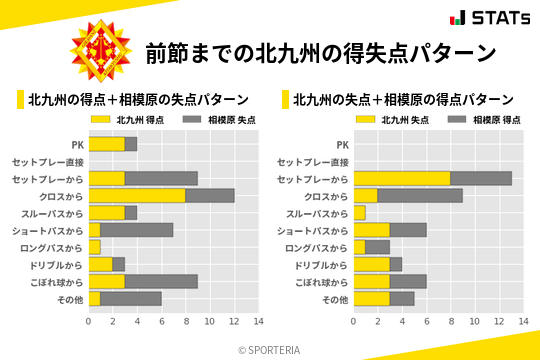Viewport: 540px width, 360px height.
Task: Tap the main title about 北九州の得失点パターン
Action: (320, 53)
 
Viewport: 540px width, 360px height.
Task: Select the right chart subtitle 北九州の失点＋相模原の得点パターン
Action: (403, 100)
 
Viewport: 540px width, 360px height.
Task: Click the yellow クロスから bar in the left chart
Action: (137, 195)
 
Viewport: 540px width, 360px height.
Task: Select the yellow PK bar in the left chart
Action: (107, 144)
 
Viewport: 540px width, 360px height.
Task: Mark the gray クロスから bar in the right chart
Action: (420, 195)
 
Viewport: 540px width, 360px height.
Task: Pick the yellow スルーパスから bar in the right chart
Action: (359, 213)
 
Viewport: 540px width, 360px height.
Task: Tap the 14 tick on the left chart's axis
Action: (258, 321)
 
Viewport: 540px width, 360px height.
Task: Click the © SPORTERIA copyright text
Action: (270, 349)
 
